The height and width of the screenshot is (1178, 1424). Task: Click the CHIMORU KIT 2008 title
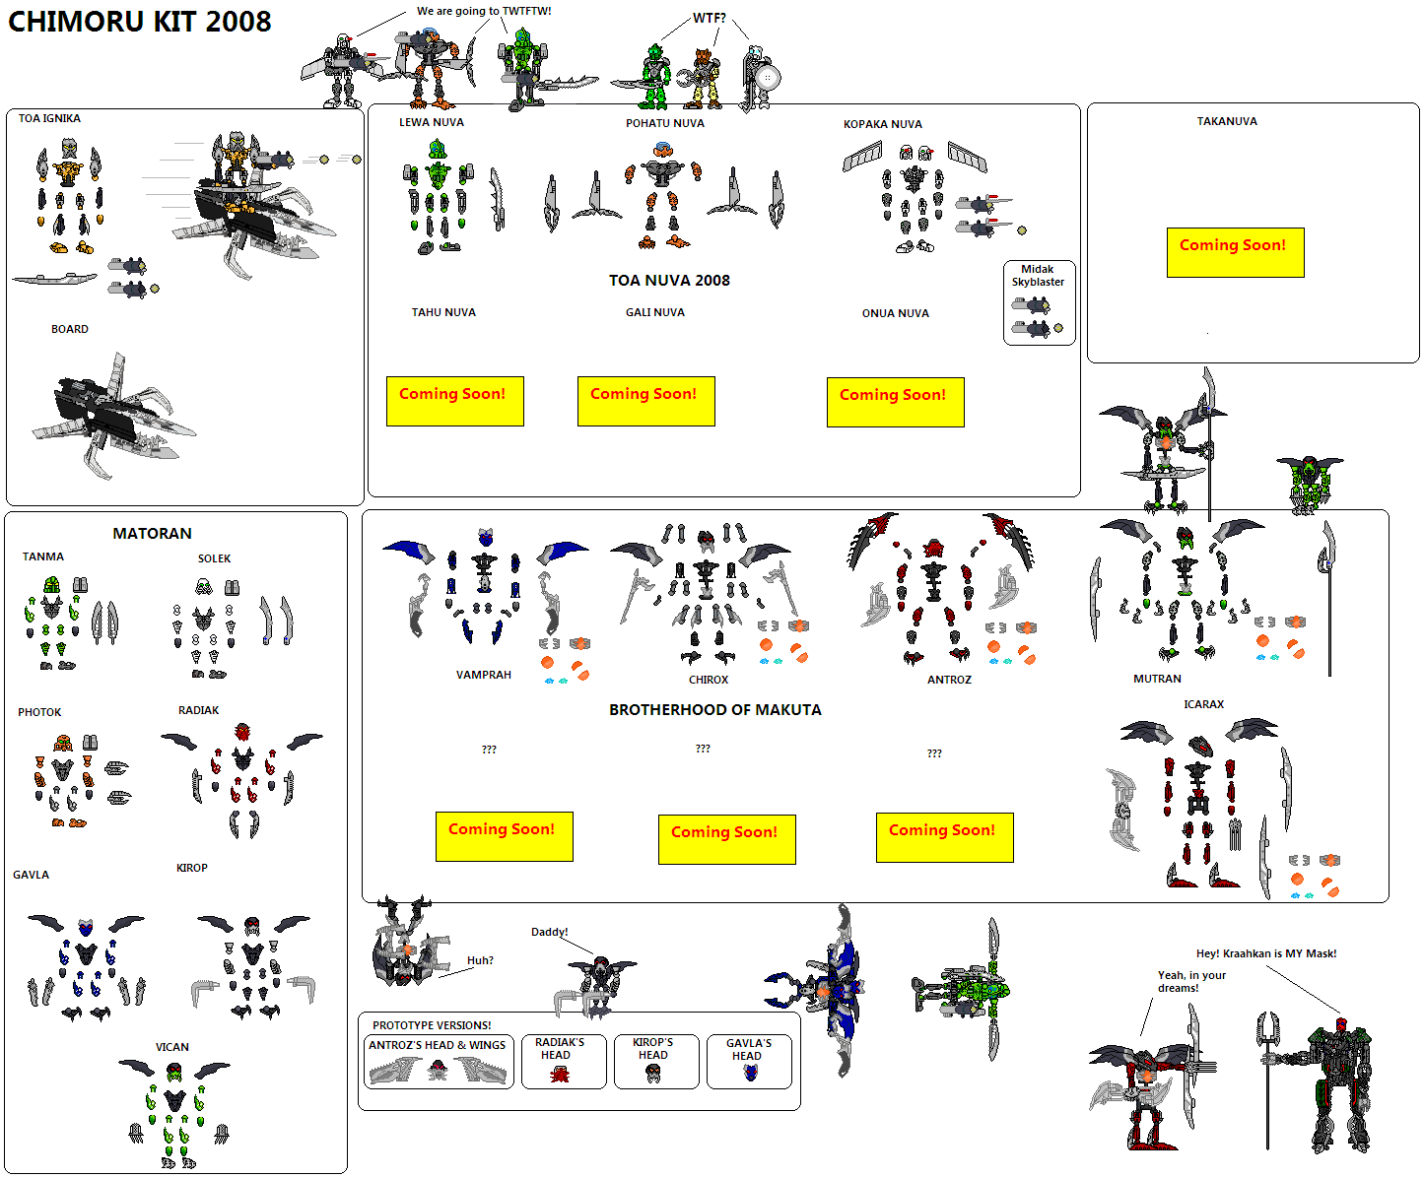139,22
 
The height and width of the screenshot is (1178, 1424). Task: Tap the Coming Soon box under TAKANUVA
1235,252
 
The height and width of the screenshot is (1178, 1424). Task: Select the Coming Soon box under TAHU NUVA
455,401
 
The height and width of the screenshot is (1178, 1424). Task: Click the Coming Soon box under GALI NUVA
645,401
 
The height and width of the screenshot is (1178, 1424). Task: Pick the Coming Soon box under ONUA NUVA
895,402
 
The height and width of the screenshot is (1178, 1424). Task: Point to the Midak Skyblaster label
1038,276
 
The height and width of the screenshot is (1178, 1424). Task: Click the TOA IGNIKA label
49,118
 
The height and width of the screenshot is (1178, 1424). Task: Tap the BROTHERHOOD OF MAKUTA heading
714,710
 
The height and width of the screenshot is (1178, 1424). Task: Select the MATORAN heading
152,533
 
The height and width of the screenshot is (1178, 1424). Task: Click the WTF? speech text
710,18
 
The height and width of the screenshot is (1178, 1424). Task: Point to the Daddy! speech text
549,932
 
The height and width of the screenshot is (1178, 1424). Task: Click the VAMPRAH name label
484,675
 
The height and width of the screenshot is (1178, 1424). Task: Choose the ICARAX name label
1203,704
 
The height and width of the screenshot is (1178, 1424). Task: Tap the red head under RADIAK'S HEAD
560,1075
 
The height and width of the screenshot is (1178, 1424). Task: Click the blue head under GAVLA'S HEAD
750,1073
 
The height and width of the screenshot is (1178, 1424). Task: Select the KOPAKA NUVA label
883,124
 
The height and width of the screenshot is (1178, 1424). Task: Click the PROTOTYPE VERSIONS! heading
432,1025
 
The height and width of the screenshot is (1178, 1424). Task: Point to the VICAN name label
171,1047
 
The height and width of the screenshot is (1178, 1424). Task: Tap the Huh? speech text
480,960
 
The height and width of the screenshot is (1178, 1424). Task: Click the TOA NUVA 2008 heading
669,280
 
